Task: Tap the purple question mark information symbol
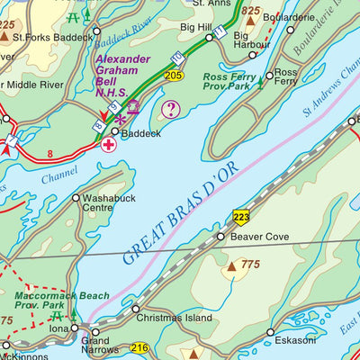169,110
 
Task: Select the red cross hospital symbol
109,145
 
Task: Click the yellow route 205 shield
175,76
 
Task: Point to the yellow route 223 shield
241,216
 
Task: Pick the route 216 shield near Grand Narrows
139,348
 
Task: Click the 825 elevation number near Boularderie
250,11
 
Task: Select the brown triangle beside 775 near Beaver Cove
231,265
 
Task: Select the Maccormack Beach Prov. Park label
61,300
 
